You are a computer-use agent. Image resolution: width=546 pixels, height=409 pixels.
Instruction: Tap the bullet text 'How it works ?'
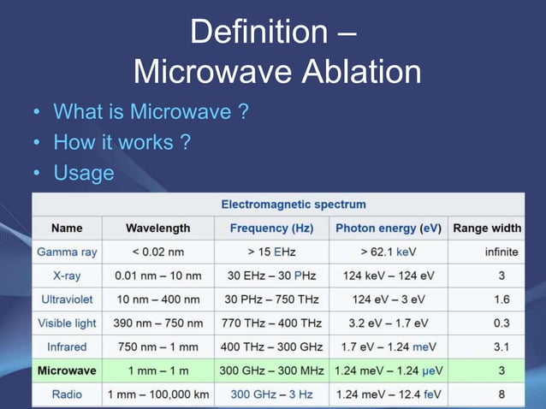[122, 143]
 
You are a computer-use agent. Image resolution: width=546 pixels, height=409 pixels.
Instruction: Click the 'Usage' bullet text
[84, 174]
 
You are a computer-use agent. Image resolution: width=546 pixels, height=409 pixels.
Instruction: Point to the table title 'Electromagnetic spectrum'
[294, 204]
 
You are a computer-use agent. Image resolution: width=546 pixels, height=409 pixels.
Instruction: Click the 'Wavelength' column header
[157, 228]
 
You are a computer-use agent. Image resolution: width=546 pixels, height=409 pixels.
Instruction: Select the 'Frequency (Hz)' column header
[272, 228]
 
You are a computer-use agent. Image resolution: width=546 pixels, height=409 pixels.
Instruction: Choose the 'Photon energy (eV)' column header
[388, 228]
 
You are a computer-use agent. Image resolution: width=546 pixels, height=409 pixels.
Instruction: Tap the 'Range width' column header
[487, 228]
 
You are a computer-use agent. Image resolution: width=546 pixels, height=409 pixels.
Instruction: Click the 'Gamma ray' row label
[67, 252]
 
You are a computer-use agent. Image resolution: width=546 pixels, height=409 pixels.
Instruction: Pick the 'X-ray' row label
[67, 276]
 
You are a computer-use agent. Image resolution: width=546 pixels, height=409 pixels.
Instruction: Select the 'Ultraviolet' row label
[67, 299]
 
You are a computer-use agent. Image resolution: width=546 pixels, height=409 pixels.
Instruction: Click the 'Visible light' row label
[67, 323]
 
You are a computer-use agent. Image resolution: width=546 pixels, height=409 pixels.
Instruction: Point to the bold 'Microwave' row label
[67, 371]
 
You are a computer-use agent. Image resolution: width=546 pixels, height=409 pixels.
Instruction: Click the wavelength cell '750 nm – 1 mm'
[157, 347]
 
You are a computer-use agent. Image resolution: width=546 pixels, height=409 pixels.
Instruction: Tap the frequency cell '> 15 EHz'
[272, 252]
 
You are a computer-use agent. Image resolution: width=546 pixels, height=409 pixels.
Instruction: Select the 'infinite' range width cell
[501, 252]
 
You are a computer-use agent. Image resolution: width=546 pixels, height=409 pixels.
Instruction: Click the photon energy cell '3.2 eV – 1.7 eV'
[388, 323]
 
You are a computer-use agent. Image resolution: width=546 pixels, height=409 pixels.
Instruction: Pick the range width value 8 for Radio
[501, 395]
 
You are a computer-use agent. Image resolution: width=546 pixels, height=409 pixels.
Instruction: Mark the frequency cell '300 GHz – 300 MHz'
[272, 371]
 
